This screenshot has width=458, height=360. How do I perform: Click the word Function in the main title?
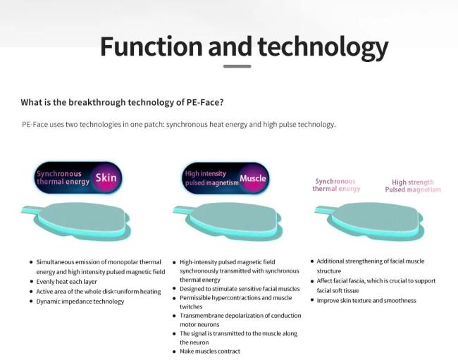coord(151,46)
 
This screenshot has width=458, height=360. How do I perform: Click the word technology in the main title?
coord(323,48)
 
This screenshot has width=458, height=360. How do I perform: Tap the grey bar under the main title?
coord(237,66)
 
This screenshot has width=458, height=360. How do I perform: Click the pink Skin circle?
coord(106,178)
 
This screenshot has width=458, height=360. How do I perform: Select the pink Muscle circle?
coord(253,178)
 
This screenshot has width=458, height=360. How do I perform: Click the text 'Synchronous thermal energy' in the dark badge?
coord(63,178)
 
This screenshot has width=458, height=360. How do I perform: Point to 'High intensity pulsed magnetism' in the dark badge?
coord(212,178)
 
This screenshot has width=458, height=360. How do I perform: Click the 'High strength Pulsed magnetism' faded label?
coord(413,186)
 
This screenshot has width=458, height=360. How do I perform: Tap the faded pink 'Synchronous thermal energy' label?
coord(336,185)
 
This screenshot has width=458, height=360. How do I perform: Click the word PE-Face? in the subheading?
coord(205,102)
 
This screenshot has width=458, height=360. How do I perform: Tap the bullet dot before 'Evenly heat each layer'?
coord(31,282)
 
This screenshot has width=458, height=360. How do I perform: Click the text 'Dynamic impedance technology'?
coord(80,302)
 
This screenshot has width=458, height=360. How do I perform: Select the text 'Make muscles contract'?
coord(210,352)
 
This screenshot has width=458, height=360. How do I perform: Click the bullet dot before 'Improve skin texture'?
coord(312,300)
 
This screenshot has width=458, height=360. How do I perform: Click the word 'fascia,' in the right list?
coord(355,281)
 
